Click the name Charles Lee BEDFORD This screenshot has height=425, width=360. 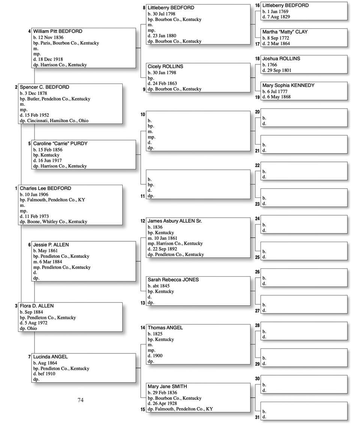[x=45, y=189]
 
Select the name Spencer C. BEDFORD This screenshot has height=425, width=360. [x=44, y=87]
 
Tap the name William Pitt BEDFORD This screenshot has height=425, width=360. [x=58, y=31]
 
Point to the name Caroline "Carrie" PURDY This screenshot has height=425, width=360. [x=60, y=144]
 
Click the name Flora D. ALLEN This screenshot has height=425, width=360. [x=37, y=306]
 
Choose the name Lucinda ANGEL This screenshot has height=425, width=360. [x=50, y=357]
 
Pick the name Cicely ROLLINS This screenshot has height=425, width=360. [x=165, y=67]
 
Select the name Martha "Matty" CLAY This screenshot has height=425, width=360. [x=285, y=32]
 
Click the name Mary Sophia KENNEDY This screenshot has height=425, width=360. [x=288, y=85]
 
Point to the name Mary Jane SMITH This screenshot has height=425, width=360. [x=167, y=387]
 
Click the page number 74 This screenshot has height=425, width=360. [x=81, y=400]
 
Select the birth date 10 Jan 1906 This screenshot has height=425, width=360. [x=37, y=195]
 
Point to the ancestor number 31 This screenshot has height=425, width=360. [x=257, y=418]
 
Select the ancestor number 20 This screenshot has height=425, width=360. [x=257, y=112]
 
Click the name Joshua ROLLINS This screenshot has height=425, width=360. [x=281, y=59]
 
